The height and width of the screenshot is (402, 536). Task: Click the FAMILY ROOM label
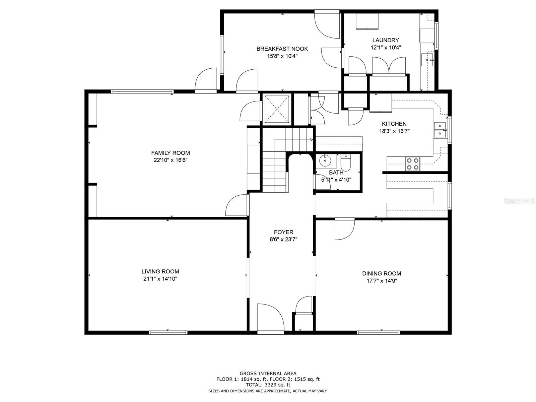170,153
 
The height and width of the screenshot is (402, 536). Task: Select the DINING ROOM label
381,273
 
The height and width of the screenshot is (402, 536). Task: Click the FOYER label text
283,232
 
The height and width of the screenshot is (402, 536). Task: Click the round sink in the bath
325,161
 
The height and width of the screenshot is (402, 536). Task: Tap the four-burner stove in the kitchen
412,163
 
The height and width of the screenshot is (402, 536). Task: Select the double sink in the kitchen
440,130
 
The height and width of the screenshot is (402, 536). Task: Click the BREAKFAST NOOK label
282,49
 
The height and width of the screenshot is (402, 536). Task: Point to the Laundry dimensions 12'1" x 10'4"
386,48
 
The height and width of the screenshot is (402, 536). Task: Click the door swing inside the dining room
344,229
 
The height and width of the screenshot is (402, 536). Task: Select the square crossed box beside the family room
277,109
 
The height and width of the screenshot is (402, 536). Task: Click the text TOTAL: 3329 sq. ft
268,385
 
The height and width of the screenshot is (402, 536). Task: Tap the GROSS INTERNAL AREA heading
268,373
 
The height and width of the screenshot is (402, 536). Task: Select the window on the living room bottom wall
168,333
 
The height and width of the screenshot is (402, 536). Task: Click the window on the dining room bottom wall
378,333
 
